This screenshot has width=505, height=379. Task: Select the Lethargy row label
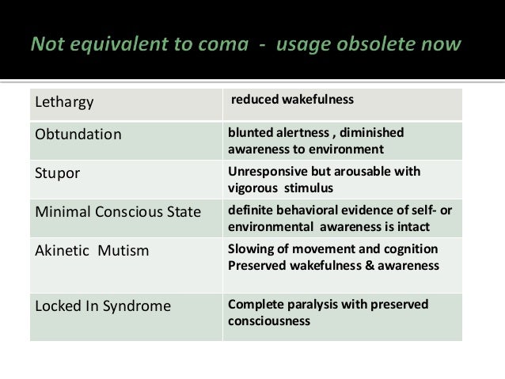(64, 103)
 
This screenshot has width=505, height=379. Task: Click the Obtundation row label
(78, 134)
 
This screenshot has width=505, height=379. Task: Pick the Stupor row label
(57, 173)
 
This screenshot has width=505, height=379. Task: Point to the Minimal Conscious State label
(117, 212)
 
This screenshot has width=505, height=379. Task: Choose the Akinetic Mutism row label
(92, 250)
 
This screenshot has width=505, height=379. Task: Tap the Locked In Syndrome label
(102, 305)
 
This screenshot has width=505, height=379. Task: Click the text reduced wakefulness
(292, 100)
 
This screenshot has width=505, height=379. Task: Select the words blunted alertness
(281, 132)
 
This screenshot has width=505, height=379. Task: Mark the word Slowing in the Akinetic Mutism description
(249, 249)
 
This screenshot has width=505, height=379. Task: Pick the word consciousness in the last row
(268, 321)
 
